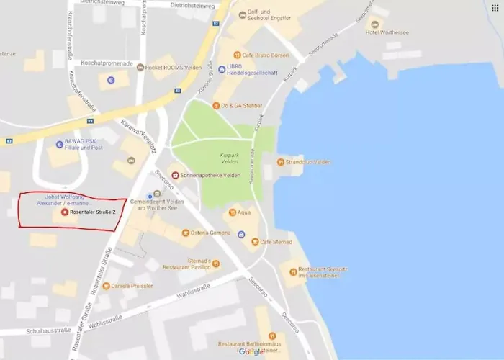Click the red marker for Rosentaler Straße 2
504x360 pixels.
pos(65,212)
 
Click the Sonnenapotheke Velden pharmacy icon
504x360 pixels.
pos(174,175)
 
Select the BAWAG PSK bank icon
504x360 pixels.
pos(60,143)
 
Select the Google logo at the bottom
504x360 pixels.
pos(251,352)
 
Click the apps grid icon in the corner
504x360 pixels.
pos(495,7)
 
